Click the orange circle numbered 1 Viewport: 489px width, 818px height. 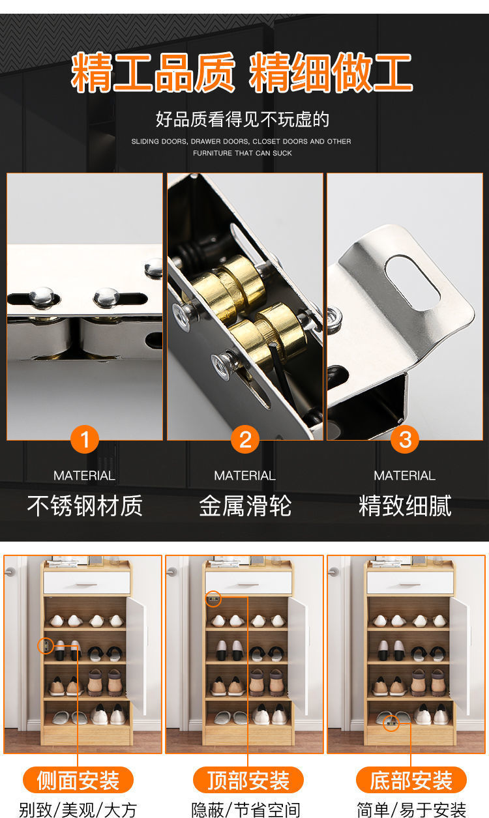coord(85,439)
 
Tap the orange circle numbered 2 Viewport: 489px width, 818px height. coord(245,439)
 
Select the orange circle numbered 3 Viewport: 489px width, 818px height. coord(405,439)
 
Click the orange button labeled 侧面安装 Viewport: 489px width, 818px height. coord(78,780)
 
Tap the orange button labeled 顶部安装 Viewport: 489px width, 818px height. coord(248,780)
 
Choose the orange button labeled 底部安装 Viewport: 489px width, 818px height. coord(411,780)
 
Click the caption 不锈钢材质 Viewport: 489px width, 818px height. coord(85,506)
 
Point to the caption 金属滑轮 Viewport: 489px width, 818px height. coord(245,506)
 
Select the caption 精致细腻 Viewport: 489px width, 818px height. coord(405,506)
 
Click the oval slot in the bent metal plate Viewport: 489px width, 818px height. coord(413,282)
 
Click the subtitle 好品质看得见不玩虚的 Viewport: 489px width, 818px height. coord(243,119)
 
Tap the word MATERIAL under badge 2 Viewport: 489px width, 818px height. coord(244,475)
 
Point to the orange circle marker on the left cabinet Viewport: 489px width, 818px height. coord(46,646)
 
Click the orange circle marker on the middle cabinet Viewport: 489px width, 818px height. coord(213,599)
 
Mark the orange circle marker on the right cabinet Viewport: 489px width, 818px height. coord(391,723)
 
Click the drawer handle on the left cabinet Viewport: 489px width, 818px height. coord(87,585)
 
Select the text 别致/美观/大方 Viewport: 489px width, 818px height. coord(78,810)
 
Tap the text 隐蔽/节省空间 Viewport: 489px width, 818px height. coord(246,810)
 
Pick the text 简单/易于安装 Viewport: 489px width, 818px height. coord(411,810)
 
